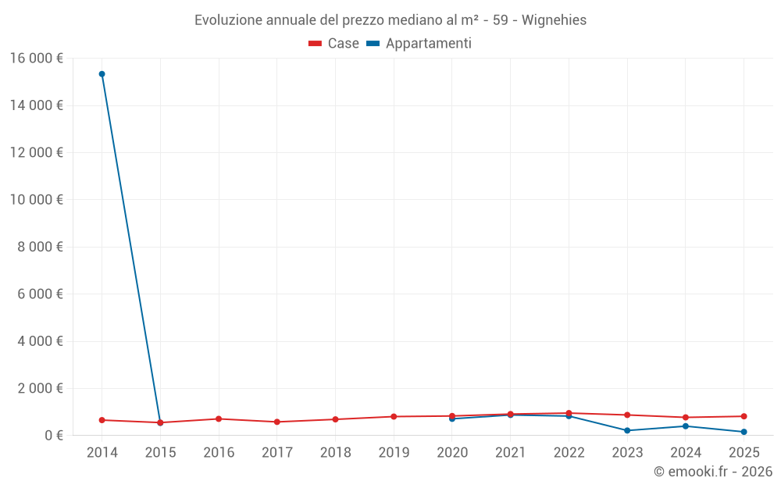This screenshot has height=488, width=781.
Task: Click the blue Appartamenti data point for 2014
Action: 102,74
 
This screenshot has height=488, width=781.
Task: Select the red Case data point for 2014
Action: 102,420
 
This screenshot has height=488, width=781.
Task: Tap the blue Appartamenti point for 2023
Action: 627,430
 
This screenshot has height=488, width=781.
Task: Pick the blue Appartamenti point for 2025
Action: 744,432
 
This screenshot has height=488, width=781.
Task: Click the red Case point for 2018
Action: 335,419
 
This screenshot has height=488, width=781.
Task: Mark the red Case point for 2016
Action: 219,419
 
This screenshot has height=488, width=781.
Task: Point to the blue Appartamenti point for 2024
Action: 686,426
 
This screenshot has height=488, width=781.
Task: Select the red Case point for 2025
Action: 744,416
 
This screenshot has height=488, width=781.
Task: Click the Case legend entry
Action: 334,44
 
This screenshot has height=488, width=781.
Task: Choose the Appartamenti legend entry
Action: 419,44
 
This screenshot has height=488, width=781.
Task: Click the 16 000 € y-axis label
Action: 37,58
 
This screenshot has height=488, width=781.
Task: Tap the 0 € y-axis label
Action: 54,435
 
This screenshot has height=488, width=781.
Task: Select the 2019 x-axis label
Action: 394,453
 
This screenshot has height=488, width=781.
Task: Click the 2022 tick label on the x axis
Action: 569,453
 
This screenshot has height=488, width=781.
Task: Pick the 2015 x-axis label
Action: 160,453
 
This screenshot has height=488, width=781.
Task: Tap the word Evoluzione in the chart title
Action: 227,20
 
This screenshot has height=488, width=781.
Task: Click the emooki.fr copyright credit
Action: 713,472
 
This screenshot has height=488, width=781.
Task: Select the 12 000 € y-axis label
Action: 37,152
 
